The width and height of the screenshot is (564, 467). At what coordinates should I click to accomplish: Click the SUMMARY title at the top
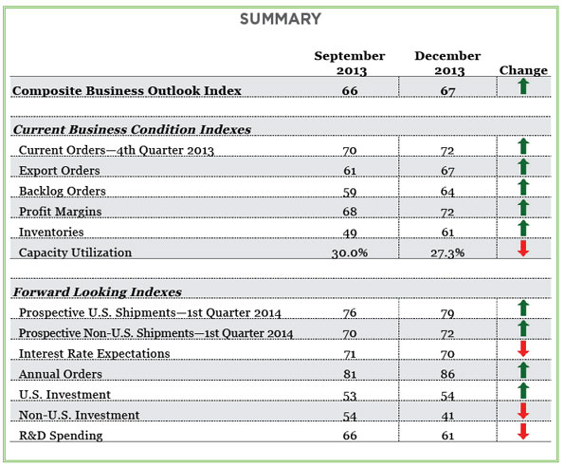click(280, 19)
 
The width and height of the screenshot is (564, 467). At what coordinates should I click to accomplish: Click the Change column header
click(522, 70)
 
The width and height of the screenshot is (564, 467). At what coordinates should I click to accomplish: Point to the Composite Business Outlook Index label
click(126, 91)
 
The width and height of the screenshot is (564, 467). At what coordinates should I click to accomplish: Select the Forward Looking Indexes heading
click(97, 291)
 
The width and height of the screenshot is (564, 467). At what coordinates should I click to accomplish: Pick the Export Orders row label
click(59, 170)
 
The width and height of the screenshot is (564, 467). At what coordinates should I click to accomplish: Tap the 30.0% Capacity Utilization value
click(349, 253)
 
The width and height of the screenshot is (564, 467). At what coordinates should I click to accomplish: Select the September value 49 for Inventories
click(349, 233)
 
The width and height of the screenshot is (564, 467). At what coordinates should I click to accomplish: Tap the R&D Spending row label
click(60, 436)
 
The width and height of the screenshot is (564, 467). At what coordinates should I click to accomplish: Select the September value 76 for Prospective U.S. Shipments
click(349, 313)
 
